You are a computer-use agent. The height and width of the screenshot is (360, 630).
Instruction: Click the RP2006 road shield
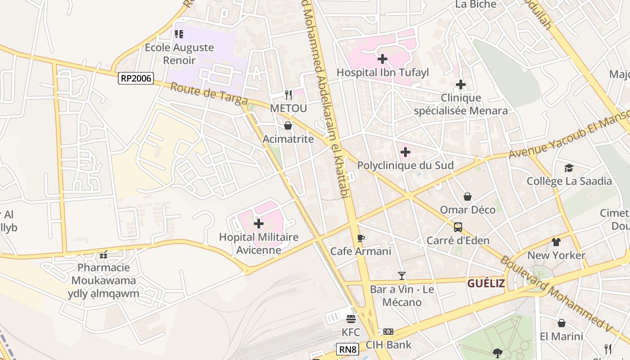(136, 79)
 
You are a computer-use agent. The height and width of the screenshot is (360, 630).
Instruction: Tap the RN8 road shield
(347, 349)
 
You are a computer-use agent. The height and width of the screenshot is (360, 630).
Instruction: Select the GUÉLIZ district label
(486, 283)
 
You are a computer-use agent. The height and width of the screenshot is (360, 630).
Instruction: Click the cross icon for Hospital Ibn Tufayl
(382, 59)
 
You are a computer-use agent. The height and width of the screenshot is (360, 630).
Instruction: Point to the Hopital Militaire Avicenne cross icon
(259, 223)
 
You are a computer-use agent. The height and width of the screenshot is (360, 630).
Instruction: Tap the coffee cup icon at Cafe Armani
(360, 238)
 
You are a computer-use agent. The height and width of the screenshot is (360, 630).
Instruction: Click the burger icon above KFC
(351, 319)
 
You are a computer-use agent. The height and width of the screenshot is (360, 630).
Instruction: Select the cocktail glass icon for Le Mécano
(402, 275)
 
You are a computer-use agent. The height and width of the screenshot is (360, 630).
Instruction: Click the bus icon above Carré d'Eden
(458, 227)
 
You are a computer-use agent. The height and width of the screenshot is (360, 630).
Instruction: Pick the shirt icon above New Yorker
(556, 242)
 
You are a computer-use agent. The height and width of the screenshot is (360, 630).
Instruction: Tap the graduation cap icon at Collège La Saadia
(569, 168)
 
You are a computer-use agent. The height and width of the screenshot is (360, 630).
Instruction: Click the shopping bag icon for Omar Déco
(468, 197)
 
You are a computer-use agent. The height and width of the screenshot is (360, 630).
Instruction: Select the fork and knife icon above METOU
(288, 95)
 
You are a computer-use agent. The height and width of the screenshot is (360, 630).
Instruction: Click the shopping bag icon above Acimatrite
(288, 126)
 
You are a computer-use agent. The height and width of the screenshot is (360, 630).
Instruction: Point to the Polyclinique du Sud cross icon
(405, 152)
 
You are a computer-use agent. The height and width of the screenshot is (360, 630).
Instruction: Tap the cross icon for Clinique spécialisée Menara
(460, 84)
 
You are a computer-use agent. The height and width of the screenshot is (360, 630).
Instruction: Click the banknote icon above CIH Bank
(388, 332)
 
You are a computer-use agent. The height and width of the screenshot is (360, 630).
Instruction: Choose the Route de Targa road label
(209, 93)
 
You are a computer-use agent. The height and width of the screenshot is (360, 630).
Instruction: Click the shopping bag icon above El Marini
(561, 323)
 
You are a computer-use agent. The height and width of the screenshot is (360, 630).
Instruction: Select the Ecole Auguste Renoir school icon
(179, 34)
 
